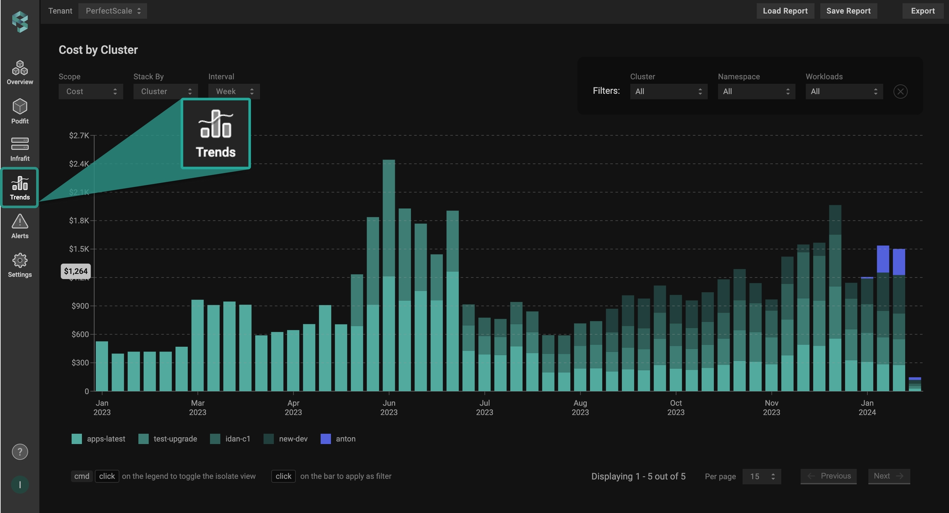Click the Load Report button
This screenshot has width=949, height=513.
785,11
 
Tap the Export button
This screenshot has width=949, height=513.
922,11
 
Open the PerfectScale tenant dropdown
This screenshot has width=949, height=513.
112,11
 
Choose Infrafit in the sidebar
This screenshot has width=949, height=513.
20,149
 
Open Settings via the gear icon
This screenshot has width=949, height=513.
20,261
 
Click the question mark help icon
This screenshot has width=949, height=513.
20,452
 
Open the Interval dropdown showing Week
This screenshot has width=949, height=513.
234,91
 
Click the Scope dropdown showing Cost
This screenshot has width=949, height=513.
91,91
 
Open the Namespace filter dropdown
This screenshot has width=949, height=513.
756,91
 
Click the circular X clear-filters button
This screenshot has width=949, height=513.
900,91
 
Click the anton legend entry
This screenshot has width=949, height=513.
338,439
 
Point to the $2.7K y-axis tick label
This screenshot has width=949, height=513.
79,135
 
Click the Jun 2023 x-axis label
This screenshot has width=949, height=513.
388,408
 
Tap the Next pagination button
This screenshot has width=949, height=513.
888,476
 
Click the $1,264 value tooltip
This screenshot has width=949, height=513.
76,271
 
